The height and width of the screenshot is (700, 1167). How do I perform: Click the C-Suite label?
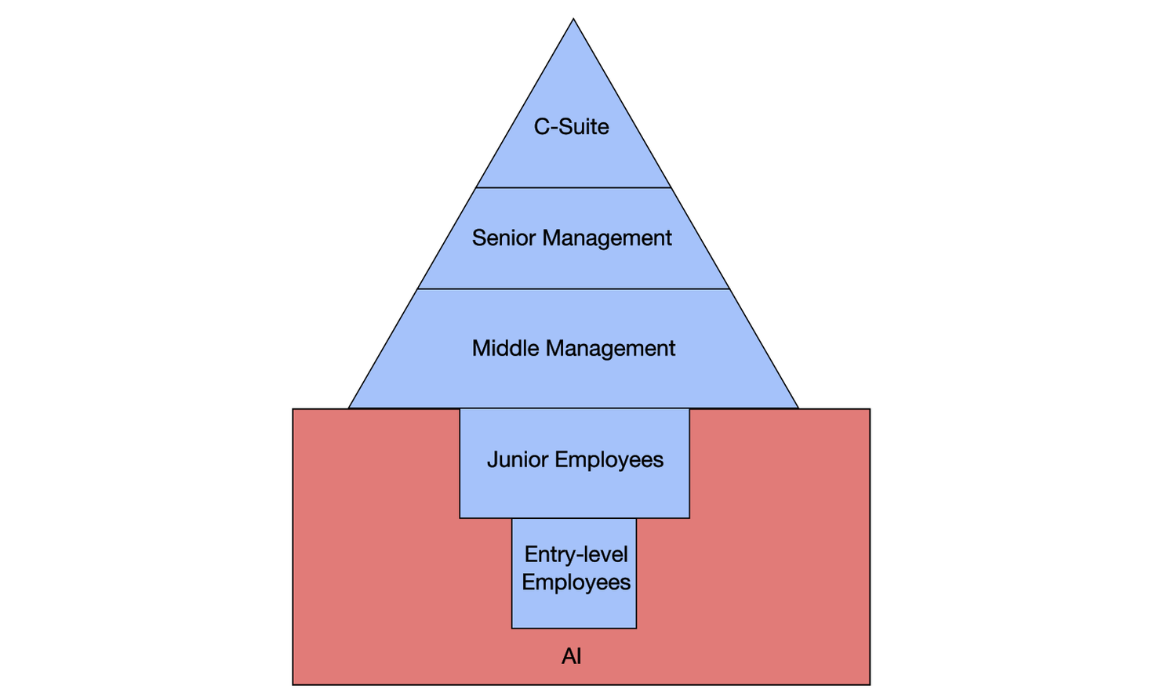571,126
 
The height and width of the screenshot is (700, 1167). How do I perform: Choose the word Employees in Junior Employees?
609,459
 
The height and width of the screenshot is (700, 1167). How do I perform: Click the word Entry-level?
576,554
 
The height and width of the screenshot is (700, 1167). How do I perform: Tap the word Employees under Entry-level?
576,582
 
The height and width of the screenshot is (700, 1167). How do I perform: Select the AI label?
571,656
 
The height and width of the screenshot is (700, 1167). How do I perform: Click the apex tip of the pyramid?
573,20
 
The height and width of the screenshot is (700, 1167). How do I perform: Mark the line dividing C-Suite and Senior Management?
573,187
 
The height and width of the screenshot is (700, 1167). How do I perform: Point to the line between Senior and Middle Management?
573,289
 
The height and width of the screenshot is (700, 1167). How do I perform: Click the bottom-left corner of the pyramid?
349,408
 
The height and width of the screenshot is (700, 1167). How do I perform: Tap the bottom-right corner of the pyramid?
798,408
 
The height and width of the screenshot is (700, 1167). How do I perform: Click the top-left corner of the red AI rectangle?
293,409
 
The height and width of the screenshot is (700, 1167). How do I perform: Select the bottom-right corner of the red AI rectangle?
870,684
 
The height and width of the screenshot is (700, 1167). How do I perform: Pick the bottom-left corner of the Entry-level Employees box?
512,628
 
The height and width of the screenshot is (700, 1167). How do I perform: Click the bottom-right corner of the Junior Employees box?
689,517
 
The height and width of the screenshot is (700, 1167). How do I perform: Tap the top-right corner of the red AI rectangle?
870,409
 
